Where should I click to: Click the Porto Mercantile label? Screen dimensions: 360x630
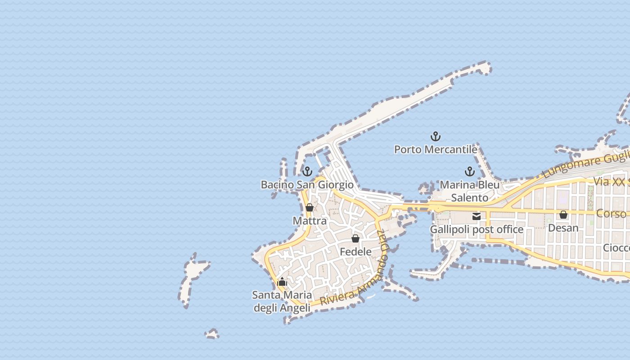pyautogui.click(x=436, y=149)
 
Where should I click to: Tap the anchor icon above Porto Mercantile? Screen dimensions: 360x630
pyautogui.click(x=436, y=136)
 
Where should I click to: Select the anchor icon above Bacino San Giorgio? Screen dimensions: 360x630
pyautogui.click(x=307, y=171)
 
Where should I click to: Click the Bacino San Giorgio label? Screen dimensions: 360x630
pyautogui.click(x=307, y=184)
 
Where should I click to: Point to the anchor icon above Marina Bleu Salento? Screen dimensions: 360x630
pyautogui.click(x=470, y=171)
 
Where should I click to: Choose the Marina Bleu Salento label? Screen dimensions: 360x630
pyautogui.click(x=470, y=191)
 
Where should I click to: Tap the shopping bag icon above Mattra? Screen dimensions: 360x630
pyautogui.click(x=310, y=207)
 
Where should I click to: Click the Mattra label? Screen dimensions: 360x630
pyautogui.click(x=310, y=221)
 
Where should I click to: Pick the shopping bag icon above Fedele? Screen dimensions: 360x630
pyautogui.click(x=355, y=238)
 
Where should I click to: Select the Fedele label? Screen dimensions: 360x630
pyautogui.click(x=355, y=252)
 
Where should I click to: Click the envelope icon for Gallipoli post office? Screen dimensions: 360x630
pyautogui.click(x=477, y=216)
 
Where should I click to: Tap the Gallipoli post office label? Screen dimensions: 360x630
pyautogui.click(x=477, y=229)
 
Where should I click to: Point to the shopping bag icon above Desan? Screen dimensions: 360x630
pyautogui.click(x=563, y=215)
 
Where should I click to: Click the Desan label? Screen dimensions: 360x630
pyautogui.click(x=563, y=228)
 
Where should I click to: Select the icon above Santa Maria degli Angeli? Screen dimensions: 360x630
pyautogui.click(x=282, y=282)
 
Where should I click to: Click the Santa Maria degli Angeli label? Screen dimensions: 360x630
pyautogui.click(x=282, y=301)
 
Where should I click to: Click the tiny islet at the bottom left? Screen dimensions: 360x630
pyautogui.click(x=212, y=334)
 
